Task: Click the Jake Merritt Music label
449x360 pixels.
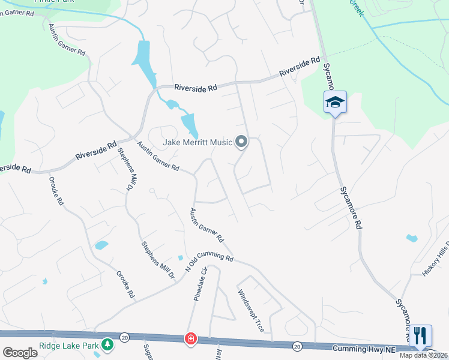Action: [x=197, y=143]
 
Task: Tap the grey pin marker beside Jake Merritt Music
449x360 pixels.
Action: [x=241, y=142]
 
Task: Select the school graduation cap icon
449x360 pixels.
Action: [x=336, y=103]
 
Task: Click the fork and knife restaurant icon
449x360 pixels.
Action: [x=421, y=335]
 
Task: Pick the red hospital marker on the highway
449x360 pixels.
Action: [x=191, y=339]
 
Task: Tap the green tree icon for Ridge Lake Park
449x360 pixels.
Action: [x=107, y=344]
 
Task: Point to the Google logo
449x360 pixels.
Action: [x=20, y=353]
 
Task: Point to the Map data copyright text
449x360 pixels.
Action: [x=424, y=355]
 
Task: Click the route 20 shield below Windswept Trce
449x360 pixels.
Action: [x=297, y=346]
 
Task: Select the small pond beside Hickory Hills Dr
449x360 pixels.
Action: [x=412, y=238]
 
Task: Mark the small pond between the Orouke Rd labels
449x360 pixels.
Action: [x=101, y=245]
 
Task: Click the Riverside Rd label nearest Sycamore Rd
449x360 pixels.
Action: [x=300, y=67]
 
